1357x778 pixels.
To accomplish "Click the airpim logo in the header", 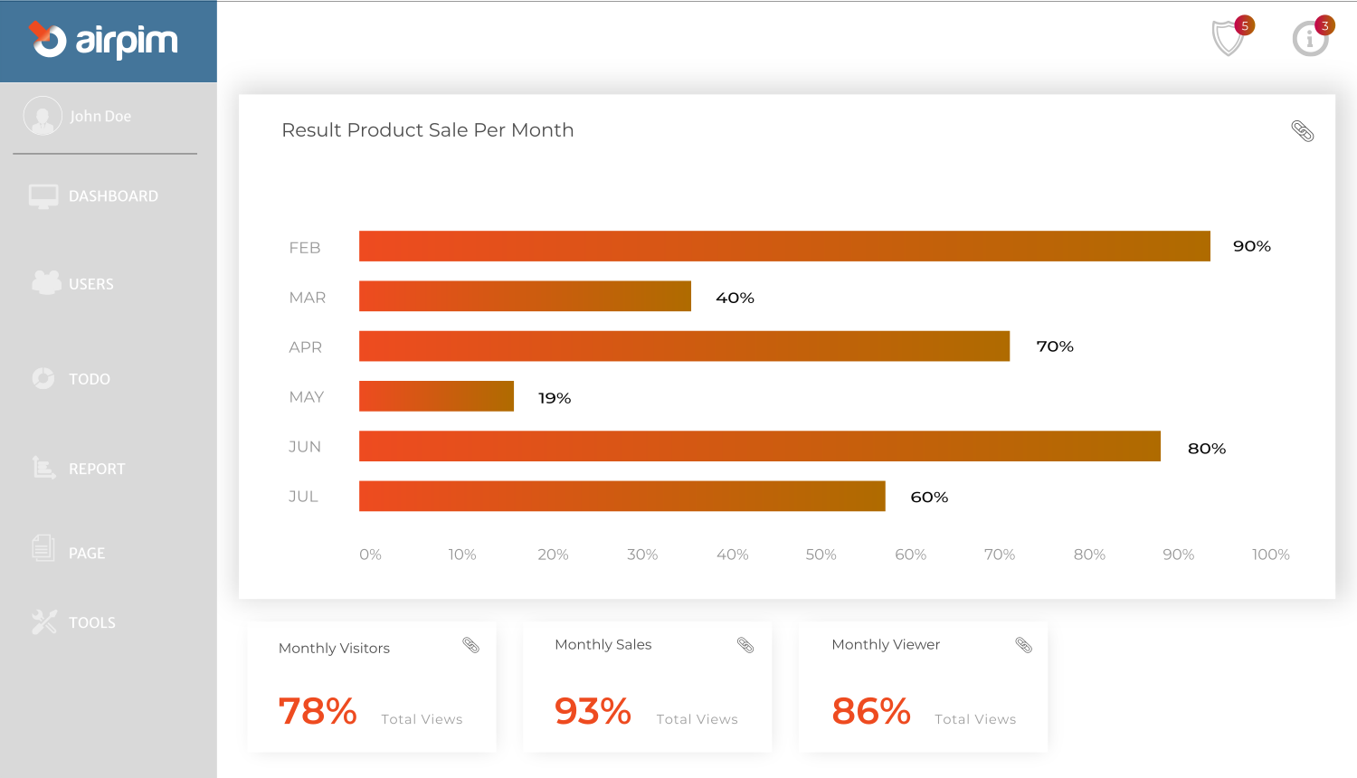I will (x=103, y=41).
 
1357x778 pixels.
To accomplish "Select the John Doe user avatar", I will (x=43, y=116).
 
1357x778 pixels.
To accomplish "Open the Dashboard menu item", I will (x=112, y=196).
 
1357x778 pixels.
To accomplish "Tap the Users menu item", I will (x=90, y=284).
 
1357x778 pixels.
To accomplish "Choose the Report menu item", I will (x=96, y=469).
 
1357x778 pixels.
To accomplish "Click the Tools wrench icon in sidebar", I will (x=43, y=621).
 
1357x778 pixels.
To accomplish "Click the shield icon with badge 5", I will (x=1228, y=38).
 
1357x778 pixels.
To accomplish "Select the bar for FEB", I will (x=784, y=246).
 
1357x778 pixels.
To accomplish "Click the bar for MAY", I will (x=436, y=396).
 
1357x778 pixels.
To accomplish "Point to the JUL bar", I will (x=622, y=496).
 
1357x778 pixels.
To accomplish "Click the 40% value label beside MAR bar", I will (x=735, y=298).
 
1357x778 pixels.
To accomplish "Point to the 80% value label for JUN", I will (x=1206, y=449).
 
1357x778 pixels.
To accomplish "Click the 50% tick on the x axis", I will (x=821, y=555).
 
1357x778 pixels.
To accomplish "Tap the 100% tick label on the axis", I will (x=1270, y=555).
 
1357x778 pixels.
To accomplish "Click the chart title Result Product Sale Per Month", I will (x=427, y=130).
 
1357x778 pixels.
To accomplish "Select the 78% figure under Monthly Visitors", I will (x=318, y=711).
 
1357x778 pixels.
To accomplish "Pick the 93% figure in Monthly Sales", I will (x=593, y=711).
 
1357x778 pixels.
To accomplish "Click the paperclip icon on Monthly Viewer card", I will (x=1023, y=645).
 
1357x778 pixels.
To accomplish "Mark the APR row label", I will (x=305, y=347).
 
